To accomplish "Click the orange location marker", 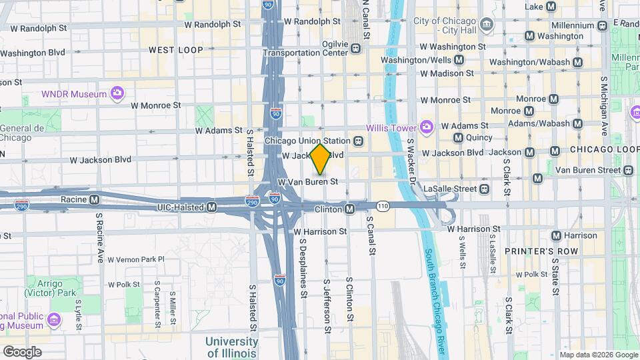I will pos(320,159).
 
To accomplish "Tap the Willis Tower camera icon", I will pos(426,127).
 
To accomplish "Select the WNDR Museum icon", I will pos(117,94).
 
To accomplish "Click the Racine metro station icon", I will pos(95,199).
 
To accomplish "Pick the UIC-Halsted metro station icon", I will pos(212,207).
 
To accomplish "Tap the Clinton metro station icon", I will pos(349,209).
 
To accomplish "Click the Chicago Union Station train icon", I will pos(359,141).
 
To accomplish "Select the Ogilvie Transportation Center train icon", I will pos(356,48).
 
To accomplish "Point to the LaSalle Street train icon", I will pos(484,189).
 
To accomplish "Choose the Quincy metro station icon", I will pos(458,138).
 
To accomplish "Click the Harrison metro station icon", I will pos(556,235).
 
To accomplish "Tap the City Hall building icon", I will pos(487,26).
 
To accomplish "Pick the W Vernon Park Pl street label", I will pos(135,259).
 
